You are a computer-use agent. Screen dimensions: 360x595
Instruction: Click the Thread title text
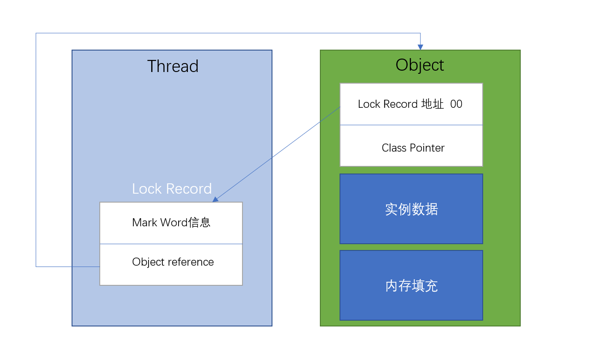(x=173, y=66)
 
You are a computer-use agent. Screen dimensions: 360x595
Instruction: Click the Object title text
(x=420, y=65)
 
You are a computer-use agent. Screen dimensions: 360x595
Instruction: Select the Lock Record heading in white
(x=172, y=189)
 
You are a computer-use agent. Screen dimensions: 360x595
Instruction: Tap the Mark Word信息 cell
(x=171, y=223)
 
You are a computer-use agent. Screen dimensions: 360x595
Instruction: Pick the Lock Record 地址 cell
(x=411, y=104)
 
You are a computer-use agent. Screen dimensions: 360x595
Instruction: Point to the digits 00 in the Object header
(x=456, y=104)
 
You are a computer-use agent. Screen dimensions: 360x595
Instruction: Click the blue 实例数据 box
(x=411, y=209)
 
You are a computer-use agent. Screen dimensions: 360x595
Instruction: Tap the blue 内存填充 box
(x=411, y=285)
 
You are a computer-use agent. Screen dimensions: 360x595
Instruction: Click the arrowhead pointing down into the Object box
(x=420, y=47)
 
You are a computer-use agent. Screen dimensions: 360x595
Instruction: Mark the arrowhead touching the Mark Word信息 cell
(x=216, y=199)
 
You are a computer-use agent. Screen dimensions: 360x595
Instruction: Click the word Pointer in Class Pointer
(x=427, y=148)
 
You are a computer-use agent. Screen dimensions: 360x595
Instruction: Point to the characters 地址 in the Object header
(x=433, y=104)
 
